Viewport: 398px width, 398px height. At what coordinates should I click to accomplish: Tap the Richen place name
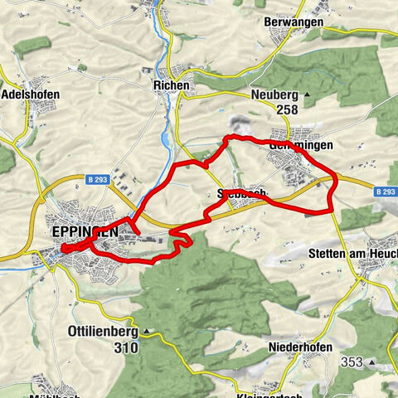click(172, 85)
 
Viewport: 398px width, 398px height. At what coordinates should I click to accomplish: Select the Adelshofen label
click(31, 94)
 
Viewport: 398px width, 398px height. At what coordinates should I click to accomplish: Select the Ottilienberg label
click(101, 331)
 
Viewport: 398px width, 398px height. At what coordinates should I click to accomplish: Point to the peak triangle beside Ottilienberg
click(146, 332)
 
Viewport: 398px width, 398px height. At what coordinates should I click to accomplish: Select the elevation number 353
click(352, 362)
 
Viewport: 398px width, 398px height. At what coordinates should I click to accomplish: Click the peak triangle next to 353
click(373, 362)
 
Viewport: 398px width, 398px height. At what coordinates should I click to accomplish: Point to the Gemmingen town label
click(303, 144)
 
